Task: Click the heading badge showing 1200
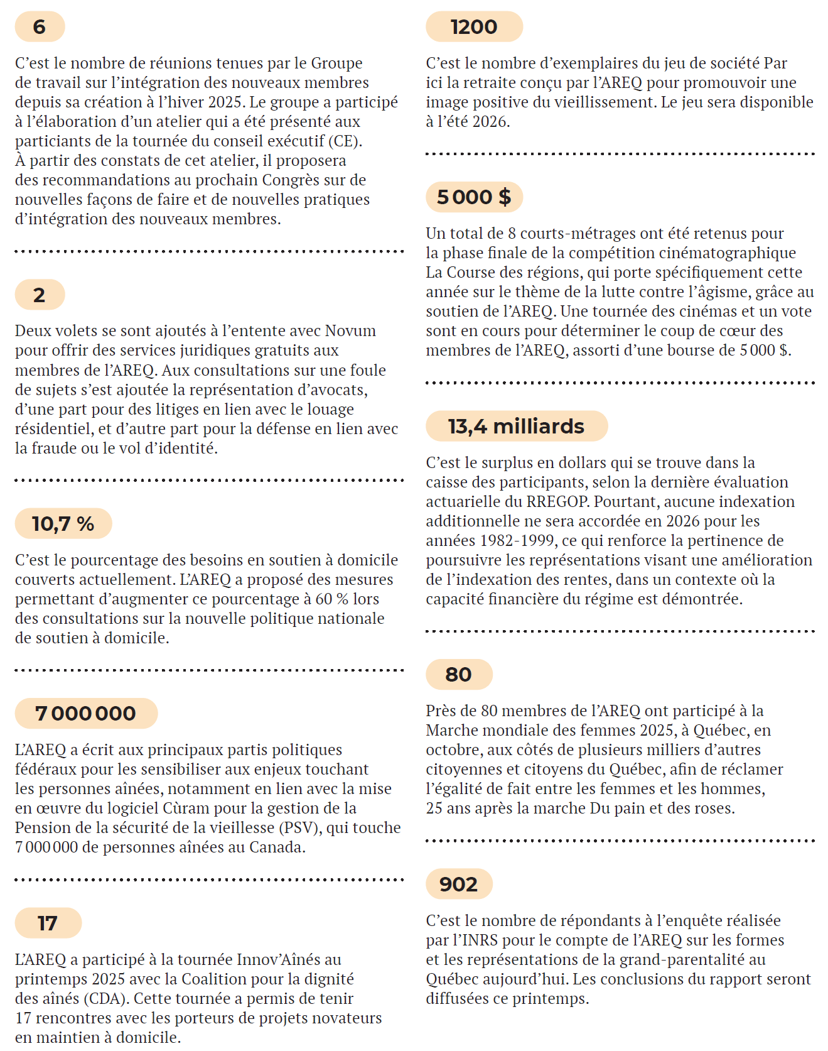pos(474,27)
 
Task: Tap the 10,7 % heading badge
pos(63,523)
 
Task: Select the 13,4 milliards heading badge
pos(516,426)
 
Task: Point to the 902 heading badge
pos(458,884)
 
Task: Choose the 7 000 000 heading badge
pos(86,713)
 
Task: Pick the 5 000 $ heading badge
pos(474,197)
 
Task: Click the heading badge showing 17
pos(48,923)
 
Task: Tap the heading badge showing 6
pos(40,27)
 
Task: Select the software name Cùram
pos(187,808)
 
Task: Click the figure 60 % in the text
pos(332,599)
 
